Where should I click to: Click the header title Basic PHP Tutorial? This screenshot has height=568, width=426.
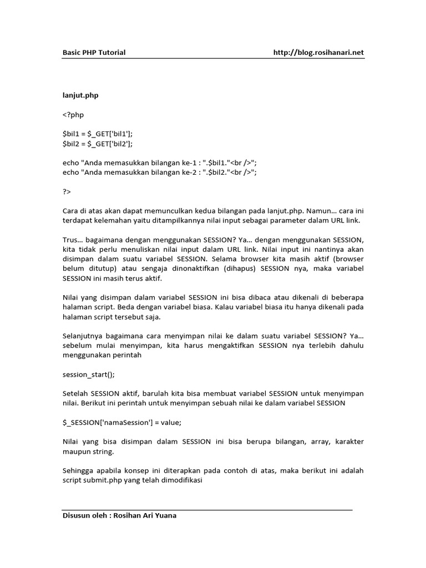(94, 53)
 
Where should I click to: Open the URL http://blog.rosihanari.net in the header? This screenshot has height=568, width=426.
(318, 53)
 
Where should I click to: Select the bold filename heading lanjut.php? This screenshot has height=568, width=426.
(80, 95)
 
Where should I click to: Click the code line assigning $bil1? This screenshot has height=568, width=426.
(98, 134)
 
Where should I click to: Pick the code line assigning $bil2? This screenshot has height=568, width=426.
(98, 144)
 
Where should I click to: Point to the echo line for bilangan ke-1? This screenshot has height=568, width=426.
(160, 163)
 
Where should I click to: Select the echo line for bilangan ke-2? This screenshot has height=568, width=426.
(160, 173)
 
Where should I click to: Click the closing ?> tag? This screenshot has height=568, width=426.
(67, 191)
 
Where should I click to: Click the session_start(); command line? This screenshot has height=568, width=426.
(88, 374)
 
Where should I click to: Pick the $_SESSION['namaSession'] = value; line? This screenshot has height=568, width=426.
(122, 422)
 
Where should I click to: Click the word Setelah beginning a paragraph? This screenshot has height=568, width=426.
(75, 393)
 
